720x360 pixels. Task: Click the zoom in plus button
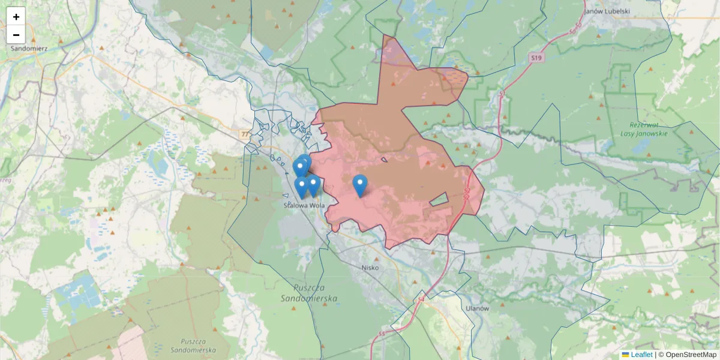pos(16,17)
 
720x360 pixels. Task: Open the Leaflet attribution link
pos(641,355)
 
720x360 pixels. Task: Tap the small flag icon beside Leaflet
pos(626,355)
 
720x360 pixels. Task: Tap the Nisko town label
pos(370,268)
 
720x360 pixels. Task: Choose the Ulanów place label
pos(478,308)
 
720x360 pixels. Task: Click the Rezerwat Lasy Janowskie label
pos(644,130)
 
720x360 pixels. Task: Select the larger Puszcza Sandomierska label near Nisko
pos(309,292)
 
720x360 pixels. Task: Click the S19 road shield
pos(536,58)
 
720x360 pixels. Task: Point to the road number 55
pos(382,334)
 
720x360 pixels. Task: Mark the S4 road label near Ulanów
pos(421,298)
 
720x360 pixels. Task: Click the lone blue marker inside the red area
pos(359,184)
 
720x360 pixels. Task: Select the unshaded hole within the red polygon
pos(439,200)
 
